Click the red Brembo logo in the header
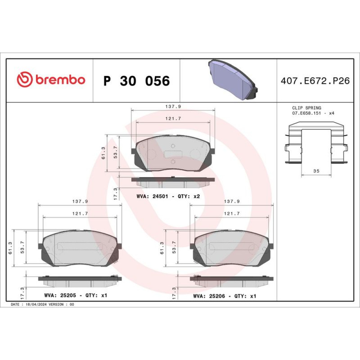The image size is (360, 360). [51, 79]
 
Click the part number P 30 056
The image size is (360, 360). [136, 81]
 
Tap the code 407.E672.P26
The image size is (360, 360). [315, 81]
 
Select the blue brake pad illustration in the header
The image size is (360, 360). [233, 80]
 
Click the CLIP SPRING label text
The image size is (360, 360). [306, 108]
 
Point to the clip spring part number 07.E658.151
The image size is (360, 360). [306, 113]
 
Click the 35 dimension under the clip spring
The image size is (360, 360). [316, 171]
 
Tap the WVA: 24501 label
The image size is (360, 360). [152, 196]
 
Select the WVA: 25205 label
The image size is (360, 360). [60, 295]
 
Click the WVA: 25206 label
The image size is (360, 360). [209, 296]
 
